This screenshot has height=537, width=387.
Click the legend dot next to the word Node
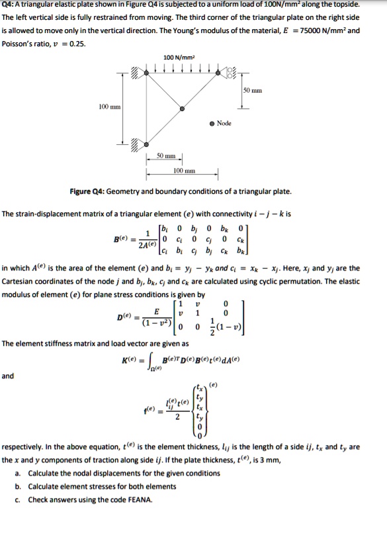pos(212,123)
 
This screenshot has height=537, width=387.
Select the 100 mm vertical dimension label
pos(108,106)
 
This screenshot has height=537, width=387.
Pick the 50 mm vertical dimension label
pos(253,89)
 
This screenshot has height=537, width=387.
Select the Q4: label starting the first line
pos(11,5)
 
